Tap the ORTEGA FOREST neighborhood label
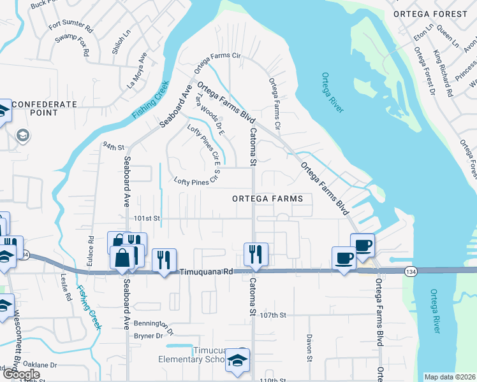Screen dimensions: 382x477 coord(430,13)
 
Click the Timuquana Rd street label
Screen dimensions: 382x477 coord(205,271)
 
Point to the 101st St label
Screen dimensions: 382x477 coord(146,218)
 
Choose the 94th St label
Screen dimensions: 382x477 coord(113,146)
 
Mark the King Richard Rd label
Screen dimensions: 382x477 coord(443,73)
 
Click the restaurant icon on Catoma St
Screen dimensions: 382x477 coord(256,253)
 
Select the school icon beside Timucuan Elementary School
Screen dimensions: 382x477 coord(237,361)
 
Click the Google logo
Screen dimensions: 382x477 coord(21,374)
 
